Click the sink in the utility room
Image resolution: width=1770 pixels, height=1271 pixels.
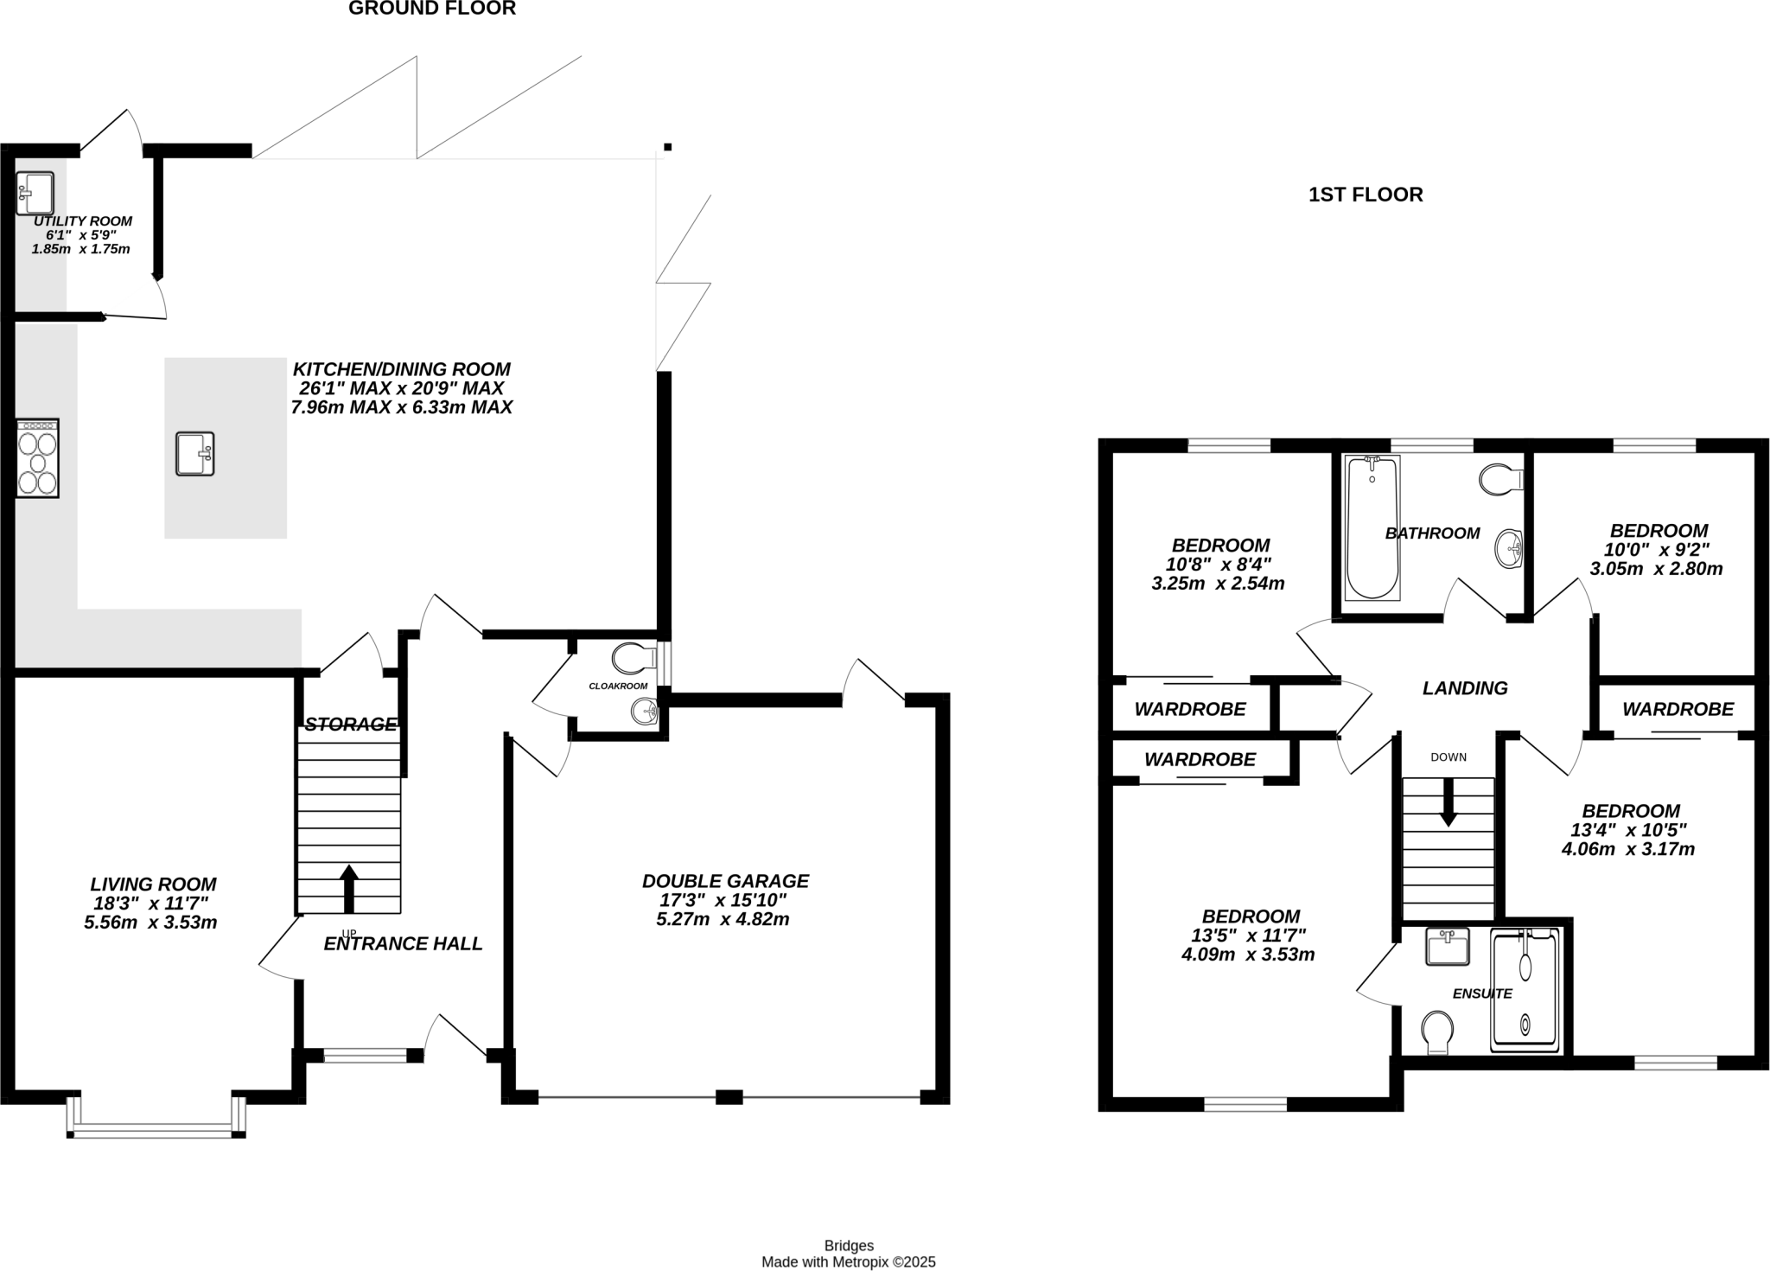pos(35,193)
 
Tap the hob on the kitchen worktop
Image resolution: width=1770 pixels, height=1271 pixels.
pos(37,458)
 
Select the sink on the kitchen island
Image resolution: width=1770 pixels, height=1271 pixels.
pos(194,454)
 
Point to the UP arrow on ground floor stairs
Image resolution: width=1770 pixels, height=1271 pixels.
pos(349,887)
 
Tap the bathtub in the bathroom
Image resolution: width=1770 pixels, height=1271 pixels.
pos(1372,527)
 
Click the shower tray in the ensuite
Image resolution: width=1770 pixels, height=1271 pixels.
pos(1525,990)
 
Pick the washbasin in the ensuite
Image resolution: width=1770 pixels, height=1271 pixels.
pos(1447,947)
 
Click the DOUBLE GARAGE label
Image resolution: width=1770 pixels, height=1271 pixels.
pos(725,881)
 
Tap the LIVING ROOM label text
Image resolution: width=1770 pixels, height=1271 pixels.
pos(153,885)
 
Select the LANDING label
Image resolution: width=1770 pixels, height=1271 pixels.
pos(1465,688)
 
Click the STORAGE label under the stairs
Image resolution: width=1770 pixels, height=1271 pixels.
pos(350,725)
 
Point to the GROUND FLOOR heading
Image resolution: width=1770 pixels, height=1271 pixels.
pos(432,9)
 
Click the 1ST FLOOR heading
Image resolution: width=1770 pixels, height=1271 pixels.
pos(1366,195)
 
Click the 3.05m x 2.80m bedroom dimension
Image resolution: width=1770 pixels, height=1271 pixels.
pos(1656,569)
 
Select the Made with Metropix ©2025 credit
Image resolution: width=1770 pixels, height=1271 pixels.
pos(848,1262)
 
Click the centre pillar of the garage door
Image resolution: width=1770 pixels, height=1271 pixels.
pos(729,1097)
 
